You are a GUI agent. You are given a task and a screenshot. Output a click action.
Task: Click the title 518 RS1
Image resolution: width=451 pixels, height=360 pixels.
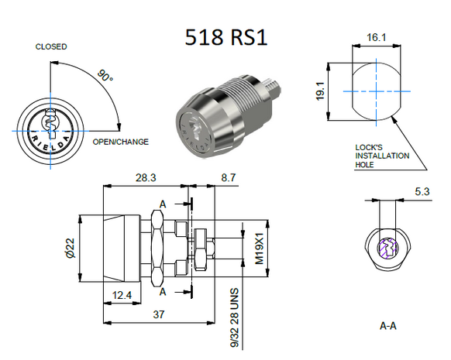tap(226, 37)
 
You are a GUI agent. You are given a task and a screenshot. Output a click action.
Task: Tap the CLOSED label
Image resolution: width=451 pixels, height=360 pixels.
tap(51, 46)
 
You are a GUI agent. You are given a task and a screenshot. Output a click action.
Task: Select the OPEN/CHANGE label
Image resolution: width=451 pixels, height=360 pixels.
tap(121, 142)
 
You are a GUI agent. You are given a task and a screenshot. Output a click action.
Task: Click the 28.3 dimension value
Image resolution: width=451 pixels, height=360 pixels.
tap(145, 177)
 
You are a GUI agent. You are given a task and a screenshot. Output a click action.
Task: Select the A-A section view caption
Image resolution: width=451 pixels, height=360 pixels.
tap(388, 326)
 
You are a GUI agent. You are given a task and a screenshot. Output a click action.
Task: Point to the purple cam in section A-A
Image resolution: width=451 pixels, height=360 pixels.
tap(387, 249)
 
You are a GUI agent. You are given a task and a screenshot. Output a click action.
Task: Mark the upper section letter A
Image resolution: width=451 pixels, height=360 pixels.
tap(162, 204)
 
